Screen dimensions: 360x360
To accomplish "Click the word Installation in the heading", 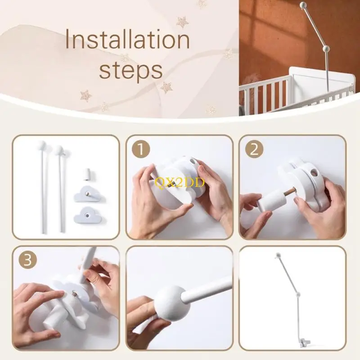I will (x=127, y=40).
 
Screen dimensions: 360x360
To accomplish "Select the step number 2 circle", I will (x=254, y=149).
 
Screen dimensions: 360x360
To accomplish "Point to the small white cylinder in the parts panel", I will (x=88, y=173).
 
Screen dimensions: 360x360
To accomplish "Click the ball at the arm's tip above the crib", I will (x=303, y=6).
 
